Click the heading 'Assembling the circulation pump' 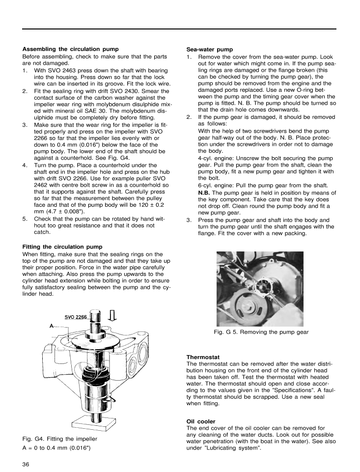pos(71,49)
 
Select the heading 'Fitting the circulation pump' pos(62,246)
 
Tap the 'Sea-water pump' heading pos(210,50)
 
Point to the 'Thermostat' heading pos(202,357)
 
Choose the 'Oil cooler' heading pos(200,421)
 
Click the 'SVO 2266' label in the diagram pos(76,317)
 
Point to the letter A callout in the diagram pos(51,326)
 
